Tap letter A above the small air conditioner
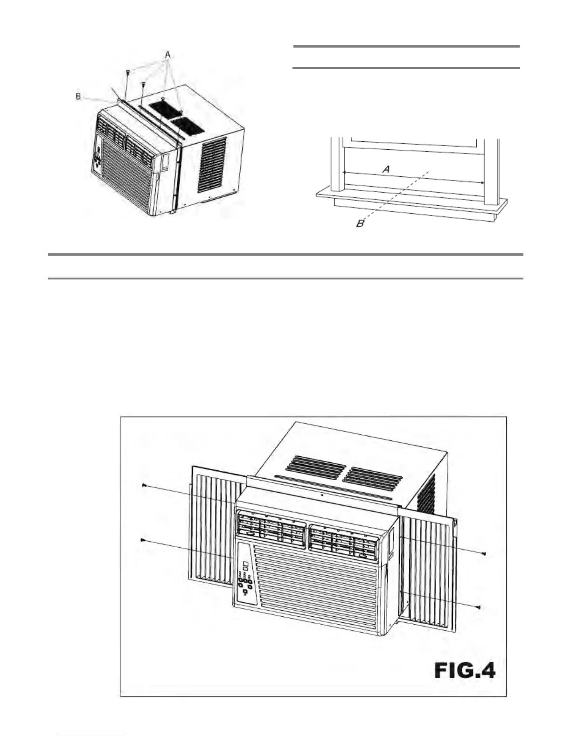167,55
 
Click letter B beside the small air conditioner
78,97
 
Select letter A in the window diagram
386,169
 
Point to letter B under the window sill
360,224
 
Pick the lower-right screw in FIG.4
479,607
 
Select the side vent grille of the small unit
212,164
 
